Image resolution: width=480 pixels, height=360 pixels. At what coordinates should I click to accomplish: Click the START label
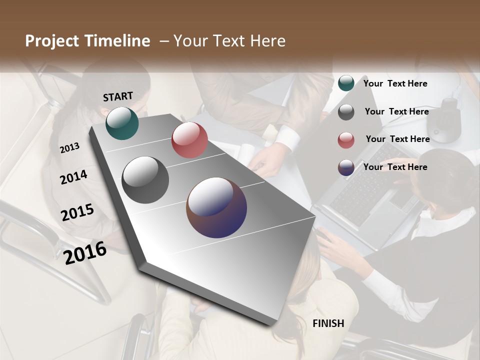[x=118, y=96]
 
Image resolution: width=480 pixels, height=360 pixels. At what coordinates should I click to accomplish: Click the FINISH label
[x=328, y=323]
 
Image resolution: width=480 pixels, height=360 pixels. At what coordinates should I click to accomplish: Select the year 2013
[x=69, y=148]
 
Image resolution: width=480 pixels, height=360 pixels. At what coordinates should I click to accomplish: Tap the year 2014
[x=73, y=177]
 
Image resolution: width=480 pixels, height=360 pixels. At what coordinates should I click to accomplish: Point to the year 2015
[x=77, y=212]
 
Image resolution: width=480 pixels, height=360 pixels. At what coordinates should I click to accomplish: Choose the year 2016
[x=85, y=252]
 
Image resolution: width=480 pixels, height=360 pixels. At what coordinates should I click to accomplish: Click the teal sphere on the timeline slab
[x=122, y=123]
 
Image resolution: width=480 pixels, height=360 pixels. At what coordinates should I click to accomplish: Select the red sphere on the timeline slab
[x=189, y=140]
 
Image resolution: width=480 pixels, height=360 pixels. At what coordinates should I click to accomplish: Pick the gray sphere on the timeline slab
[x=145, y=180]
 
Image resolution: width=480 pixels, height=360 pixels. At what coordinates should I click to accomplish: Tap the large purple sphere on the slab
[x=216, y=207]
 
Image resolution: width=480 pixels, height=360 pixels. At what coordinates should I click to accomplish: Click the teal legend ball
[x=346, y=83]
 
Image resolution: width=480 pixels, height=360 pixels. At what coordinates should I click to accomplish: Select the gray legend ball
[x=346, y=112]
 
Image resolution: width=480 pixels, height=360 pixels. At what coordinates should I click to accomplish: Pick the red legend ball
[x=346, y=140]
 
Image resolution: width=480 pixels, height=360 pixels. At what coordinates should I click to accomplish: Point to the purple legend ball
[x=346, y=167]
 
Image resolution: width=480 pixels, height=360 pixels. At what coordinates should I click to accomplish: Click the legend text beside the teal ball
[x=395, y=83]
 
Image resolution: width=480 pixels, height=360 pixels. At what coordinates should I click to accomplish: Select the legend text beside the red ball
[x=397, y=139]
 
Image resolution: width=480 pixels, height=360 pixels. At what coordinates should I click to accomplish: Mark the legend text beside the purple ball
[x=395, y=167]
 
